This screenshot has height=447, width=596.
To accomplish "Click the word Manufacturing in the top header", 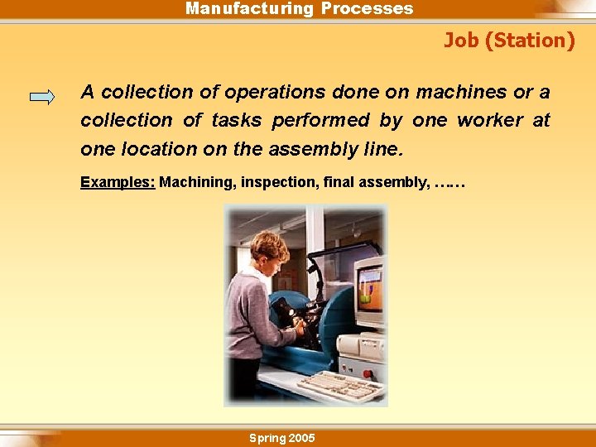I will coord(249,9).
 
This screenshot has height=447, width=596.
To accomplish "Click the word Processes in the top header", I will coord(367,9).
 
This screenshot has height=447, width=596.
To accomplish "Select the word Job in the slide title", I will coord(461,40).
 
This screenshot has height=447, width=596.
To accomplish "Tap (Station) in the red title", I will coord(530,40).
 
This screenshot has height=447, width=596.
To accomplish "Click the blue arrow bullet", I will coord(41,97).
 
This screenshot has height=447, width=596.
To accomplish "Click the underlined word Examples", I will coord(118,181).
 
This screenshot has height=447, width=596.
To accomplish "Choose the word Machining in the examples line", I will coord(197,181).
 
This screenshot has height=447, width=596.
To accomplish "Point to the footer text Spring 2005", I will coord(282,438).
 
